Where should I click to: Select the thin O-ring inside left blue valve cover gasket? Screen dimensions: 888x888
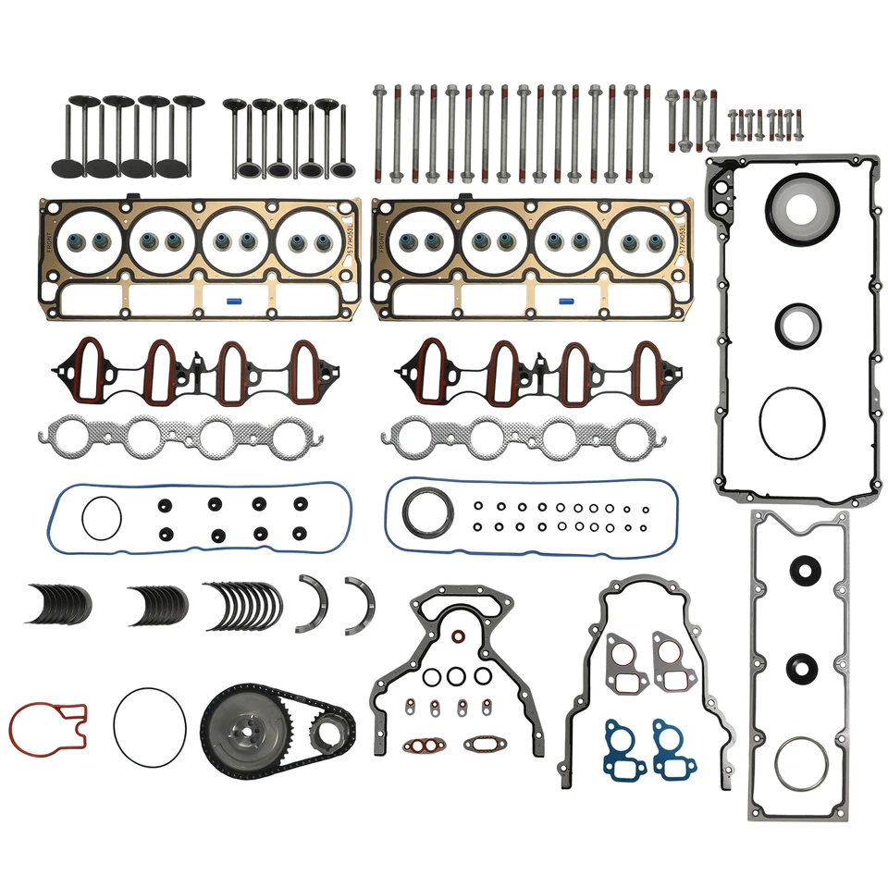point(101,517)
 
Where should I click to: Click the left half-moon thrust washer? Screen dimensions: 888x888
point(312,603)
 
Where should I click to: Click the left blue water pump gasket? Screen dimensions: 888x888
point(625,746)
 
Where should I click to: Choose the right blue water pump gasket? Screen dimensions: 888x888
point(672,746)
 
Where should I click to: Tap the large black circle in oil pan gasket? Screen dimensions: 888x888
point(792,422)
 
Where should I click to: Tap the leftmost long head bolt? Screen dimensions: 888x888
point(380,133)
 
